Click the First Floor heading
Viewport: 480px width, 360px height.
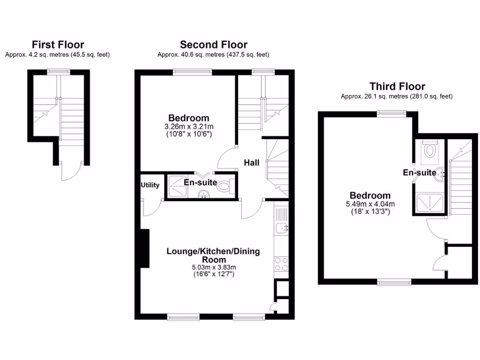pos(58,45)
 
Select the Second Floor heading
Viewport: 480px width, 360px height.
pos(213,45)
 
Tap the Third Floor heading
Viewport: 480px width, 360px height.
pos(397,86)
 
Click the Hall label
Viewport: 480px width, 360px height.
pos(251,163)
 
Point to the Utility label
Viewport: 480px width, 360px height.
pos(150,185)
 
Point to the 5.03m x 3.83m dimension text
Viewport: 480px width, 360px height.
pos(213,268)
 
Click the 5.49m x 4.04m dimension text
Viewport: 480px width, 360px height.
pos(370,204)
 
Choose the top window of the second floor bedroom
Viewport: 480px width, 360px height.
pos(192,71)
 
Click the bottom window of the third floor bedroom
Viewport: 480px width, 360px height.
pos(393,282)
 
